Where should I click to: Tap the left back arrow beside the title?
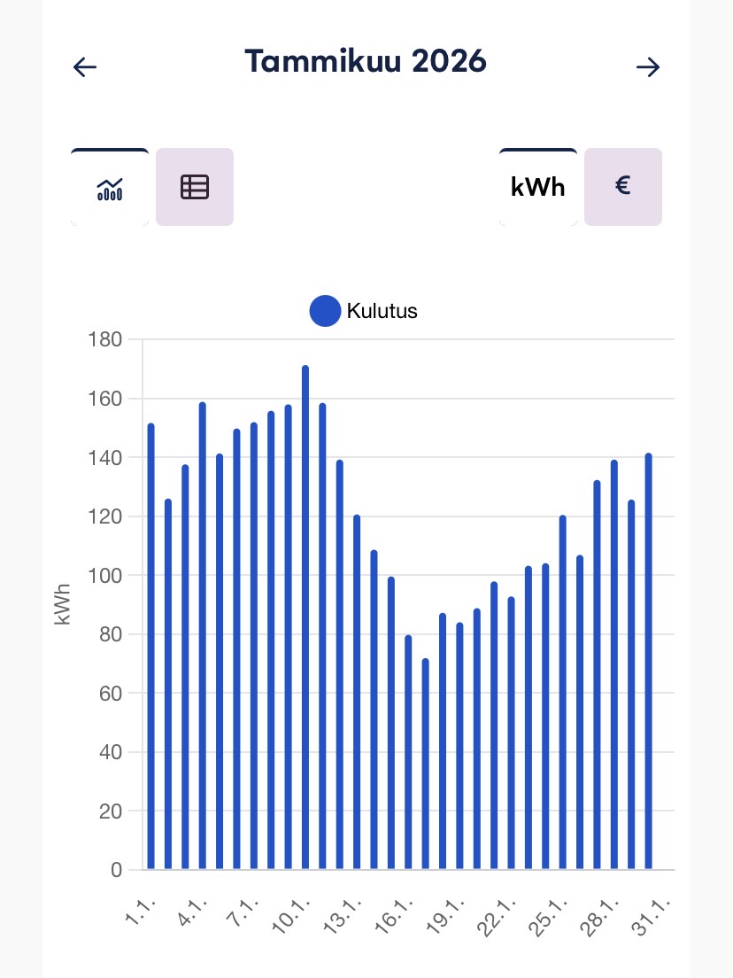85,67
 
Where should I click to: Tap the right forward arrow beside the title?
648,67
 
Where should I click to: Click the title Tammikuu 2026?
366,62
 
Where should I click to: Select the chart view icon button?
110,187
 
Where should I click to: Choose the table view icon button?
195,187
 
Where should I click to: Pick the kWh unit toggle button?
538,187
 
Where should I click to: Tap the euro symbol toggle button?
623,187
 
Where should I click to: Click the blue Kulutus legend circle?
325,311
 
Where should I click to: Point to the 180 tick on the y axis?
104,340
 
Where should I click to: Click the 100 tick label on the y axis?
104,576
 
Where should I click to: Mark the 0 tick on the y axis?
116,870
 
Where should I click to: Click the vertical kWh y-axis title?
63,604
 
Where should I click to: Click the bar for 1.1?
150,647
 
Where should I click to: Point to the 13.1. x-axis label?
344,912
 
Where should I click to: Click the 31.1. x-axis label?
653,912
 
